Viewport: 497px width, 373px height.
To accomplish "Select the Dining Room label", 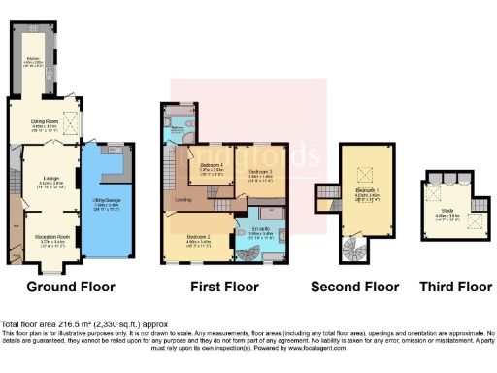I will [x=47, y=125].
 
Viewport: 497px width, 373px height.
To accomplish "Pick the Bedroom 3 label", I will [x=258, y=172].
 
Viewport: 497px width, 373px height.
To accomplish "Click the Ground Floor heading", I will [x=70, y=287].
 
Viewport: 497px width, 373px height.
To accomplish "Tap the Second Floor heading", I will [x=354, y=287].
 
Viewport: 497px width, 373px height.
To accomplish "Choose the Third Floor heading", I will [x=455, y=287].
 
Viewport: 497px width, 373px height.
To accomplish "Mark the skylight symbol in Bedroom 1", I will [x=367, y=175].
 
